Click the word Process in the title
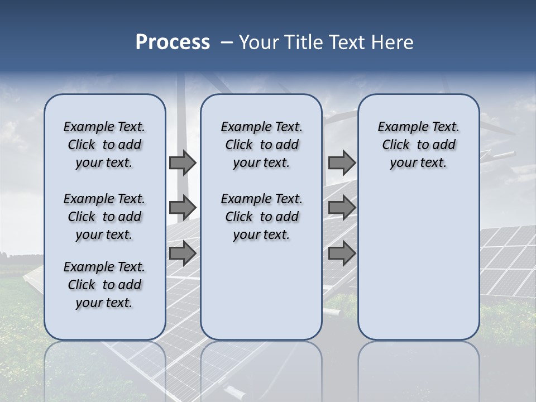(173, 42)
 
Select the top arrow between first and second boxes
(182, 162)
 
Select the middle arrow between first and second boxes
(182, 208)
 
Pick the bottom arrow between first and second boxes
(182, 253)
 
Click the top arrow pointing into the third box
(342, 162)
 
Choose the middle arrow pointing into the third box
(342, 208)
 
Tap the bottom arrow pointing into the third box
(342, 253)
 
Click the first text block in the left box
(104, 145)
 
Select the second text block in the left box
(104, 217)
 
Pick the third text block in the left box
(104, 285)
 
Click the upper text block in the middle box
(261, 145)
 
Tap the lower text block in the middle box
(261, 217)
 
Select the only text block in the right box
(418, 145)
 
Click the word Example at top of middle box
(243, 127)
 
